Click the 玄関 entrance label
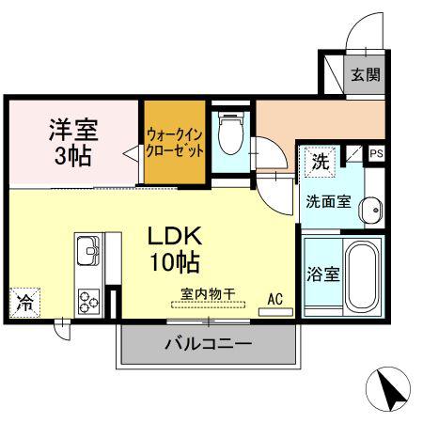[x=366, y=74]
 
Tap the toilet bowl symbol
[x=231, y=133]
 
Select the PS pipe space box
[x=376, y=153]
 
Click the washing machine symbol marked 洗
[x=321, y=162]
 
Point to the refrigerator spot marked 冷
[x=24, y=303]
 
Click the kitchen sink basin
[x=88, y=251]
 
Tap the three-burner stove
[x=89, y=302]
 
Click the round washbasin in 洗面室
[x=370, y=210]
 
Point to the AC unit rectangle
[x=275, y=312]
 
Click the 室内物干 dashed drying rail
[x=209, y=305]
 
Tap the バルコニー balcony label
[x=209, y=344]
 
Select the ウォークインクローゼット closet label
[x=175, y=143]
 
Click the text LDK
[x=175, y=236]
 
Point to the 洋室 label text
[x=73, y=130]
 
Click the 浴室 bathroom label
[x=323, y=274]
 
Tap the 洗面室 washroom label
[x=328, y=201]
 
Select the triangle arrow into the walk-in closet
[x=132, y=153]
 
